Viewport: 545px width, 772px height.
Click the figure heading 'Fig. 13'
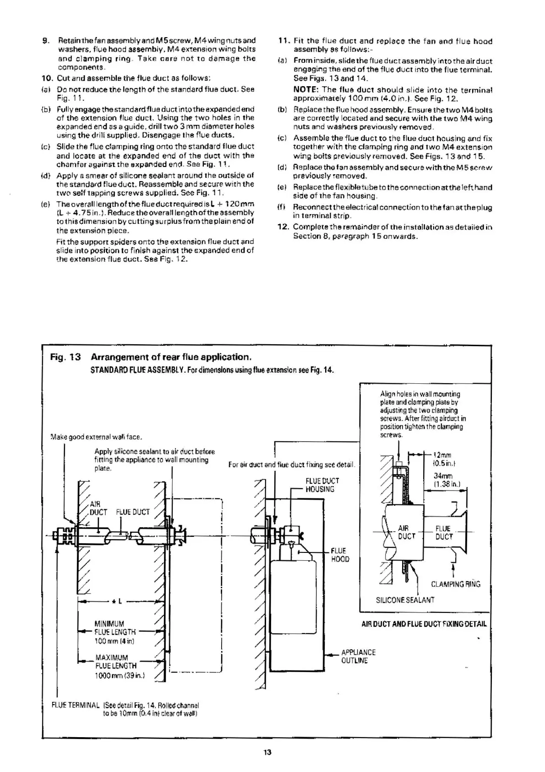point(65,357)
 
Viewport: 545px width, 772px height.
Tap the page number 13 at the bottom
point(267,752)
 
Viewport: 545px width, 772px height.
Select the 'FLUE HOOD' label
point(339,555)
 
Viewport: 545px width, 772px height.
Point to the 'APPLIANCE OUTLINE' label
point(358,656)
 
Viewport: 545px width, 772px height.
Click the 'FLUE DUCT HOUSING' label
point(322,485)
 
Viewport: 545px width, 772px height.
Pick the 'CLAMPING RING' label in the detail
point(455,584)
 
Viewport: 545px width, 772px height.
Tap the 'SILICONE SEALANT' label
point(405,600)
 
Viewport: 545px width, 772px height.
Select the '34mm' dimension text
point(443,476)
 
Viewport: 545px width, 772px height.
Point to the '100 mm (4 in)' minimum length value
point(114,641)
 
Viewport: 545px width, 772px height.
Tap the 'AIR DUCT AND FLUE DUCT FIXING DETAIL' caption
point(424,623)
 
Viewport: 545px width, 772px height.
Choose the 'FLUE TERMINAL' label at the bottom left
point(76,705)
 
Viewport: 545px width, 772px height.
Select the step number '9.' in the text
point(45,41)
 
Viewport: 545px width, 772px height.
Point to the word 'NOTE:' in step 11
point(306,89)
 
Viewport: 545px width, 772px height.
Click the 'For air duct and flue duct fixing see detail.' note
point(292,464)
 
